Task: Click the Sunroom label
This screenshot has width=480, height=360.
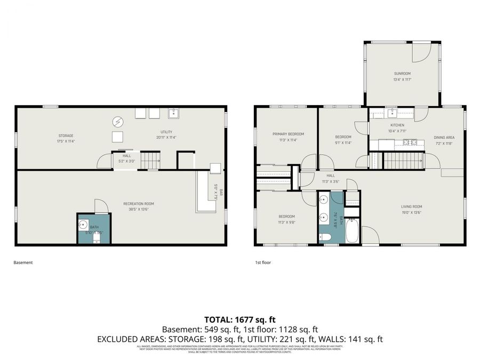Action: pyautogui.click(x=402, y=74)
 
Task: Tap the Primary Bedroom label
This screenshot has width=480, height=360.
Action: pyautogui.click(x=288, y=134)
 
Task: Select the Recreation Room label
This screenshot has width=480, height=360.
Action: pyautogui.click(x=139, y=203)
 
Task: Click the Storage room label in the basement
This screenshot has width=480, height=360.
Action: pyautogui.click(x=66, y=135)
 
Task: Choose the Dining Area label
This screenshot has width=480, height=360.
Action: pyautogui.click(x=444, y=137)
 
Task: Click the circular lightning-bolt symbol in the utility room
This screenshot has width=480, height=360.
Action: pyautogui.click(x=117, y=122)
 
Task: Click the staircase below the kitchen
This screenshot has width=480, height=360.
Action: pyautogui.click(x=404, y=160)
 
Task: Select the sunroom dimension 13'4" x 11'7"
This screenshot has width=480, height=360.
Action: pyautogui.click(x=402, y=80)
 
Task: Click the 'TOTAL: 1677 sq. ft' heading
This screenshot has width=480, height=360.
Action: pyautogui.click(x=239, y=320)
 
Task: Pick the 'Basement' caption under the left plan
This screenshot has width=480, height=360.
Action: pyautogui.click(x=23, y=262)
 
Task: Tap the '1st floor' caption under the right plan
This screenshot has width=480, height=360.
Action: pyautogui.click(x=263, y=262)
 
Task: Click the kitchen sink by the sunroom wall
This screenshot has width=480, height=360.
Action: pyautogui.click(x=392, y=112)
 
